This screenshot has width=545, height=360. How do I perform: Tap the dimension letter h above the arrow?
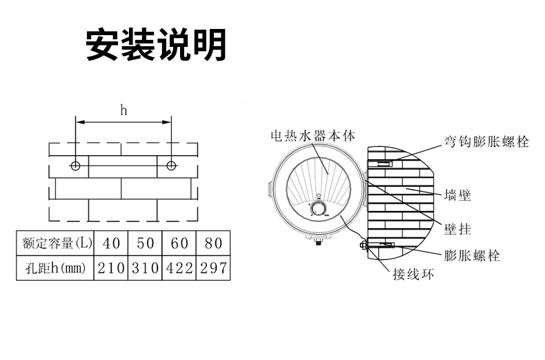[123, 110]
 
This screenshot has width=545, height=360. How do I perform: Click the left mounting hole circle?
[76, 166]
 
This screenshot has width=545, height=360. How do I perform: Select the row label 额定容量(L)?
[54, 243]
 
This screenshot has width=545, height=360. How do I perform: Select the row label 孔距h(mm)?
[54, 268]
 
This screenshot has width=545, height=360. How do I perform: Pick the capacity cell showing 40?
[110, 243]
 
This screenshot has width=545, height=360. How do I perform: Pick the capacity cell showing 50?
[144, 243]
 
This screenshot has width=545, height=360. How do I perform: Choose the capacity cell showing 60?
[179, 243]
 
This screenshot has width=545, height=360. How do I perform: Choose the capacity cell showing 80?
[212, 243]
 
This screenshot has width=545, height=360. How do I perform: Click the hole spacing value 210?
[110, 268]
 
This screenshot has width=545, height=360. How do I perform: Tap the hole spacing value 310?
[144, 268]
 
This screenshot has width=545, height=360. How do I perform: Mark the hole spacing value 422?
[179, 268]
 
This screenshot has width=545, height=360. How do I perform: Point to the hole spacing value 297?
[212, 268]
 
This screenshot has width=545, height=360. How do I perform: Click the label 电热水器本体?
[313, 137]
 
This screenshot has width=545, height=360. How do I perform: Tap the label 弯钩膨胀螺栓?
[486, 143]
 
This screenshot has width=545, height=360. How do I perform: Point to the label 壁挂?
[458, 228]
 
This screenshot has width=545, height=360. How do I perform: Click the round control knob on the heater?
[318, 209]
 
